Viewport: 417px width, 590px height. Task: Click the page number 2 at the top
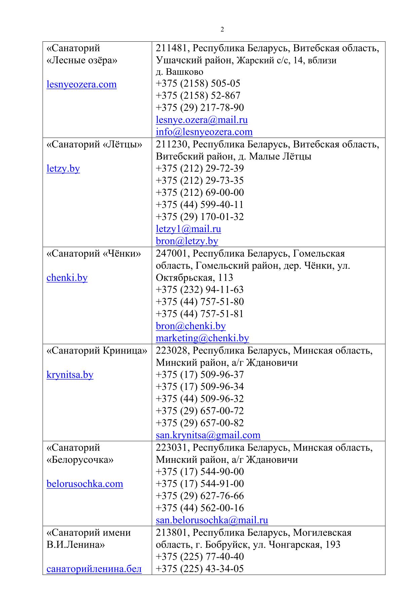pos(222,30)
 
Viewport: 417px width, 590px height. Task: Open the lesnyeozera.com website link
pos(81,84)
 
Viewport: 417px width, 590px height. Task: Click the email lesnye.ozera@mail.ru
pos(201,120)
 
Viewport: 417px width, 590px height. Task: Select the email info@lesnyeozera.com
pos(204,132)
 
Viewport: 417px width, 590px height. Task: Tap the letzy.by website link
pos(63,168)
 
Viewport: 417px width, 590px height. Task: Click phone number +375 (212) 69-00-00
pos(200,192)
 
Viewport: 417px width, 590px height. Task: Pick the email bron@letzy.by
pos(187,241)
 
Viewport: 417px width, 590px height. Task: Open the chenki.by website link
pos(67,278)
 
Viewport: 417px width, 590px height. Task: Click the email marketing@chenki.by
pos(202,338)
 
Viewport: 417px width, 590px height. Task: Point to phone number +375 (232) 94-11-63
pos(200,290)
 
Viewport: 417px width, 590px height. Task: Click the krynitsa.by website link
pos(70,375)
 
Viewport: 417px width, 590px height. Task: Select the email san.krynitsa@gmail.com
pos(208,435)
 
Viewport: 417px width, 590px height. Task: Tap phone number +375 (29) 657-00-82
pos(200,423)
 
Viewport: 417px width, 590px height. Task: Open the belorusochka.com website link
pos(85,484)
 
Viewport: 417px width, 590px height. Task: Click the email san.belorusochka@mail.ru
pos(212,520)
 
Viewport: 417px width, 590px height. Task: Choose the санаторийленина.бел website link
pos(94,569)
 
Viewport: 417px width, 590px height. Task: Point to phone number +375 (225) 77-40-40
pos(200,557)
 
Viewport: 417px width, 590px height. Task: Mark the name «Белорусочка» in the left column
pos(80,459)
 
